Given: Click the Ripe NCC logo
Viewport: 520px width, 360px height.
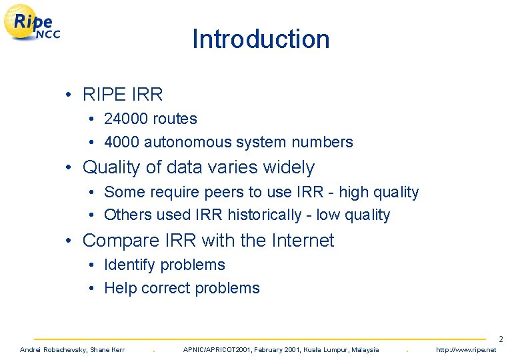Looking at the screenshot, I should point(33,24).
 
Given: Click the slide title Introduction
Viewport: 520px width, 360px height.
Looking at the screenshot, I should point(261,39).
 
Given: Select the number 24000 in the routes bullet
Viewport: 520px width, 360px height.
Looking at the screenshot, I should point(126,119).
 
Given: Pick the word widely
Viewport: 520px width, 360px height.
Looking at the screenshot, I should point(288,167).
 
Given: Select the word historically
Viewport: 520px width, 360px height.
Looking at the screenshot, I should point(265,215).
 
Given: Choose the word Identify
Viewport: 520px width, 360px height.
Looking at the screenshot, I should point(130,265).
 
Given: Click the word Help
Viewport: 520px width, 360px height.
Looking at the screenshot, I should point(121,288).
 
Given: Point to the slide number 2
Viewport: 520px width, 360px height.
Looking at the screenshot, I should point(501,340).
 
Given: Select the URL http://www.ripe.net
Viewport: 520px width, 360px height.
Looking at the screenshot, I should point(466,349).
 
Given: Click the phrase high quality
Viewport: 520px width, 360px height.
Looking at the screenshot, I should point(379,192).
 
